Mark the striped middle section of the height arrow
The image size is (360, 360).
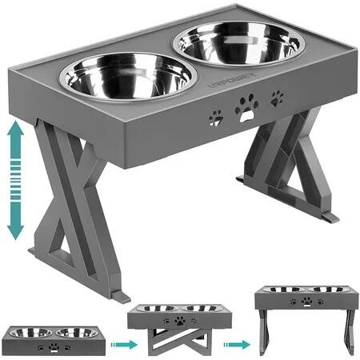(x=16, y=180)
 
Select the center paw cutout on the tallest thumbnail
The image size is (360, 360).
(x=306, y=302)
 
